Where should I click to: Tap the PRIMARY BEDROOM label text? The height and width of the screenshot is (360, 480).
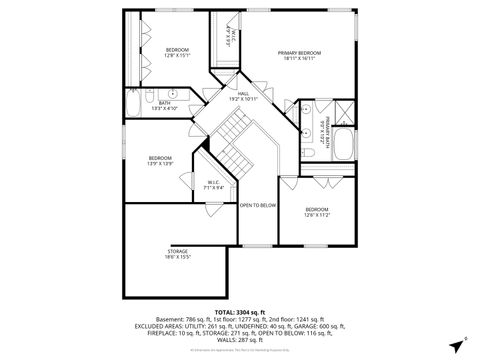click(x=299, y=55)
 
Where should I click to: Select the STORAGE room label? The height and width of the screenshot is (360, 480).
click(x=178, y=254)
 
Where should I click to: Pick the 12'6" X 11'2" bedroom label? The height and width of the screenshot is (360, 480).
click(x=317, y=212)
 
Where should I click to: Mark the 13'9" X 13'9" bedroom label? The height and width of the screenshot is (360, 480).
click(x=160, y=160)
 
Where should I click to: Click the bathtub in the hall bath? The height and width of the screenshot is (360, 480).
click(x=135, y=103)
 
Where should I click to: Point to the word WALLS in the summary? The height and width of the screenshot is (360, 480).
click(x=225, y=340)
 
